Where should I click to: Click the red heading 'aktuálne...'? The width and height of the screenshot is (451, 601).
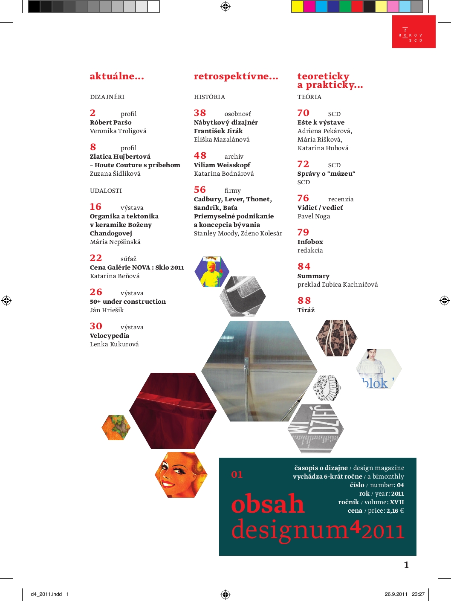point(117,76)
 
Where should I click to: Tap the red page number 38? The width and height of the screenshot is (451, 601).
point(200,113)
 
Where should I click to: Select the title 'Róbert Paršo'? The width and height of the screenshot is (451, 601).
point(110,122)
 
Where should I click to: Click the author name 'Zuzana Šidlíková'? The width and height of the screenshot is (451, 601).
point(115,174)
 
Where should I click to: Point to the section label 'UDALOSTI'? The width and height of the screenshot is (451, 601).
point(106,191)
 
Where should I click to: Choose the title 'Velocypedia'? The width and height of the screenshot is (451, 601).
point(109,336)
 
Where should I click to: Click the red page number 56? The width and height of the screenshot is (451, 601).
point(200,190)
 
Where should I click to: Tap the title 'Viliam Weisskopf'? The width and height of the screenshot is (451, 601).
point(222,165)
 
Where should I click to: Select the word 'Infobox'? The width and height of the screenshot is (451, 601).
point(310,242)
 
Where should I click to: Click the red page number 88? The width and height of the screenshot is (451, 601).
point(304,301)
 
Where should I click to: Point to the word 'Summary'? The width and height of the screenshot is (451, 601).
point(313,276)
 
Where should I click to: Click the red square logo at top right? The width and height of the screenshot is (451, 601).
point(413,32)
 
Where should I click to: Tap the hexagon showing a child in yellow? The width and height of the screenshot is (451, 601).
point(211,272)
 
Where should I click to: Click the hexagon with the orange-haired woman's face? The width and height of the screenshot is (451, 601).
point(181,474)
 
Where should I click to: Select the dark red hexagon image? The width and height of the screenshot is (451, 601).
point(173,410)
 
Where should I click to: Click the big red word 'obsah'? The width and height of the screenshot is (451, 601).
point(268,504)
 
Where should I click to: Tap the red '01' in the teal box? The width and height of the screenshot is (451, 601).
point(237,474)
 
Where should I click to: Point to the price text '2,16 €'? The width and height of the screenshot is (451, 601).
point(395,511)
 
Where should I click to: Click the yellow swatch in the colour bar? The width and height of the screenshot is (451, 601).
point(297,6)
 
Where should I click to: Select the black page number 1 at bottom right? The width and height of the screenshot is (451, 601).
point(406,565)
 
